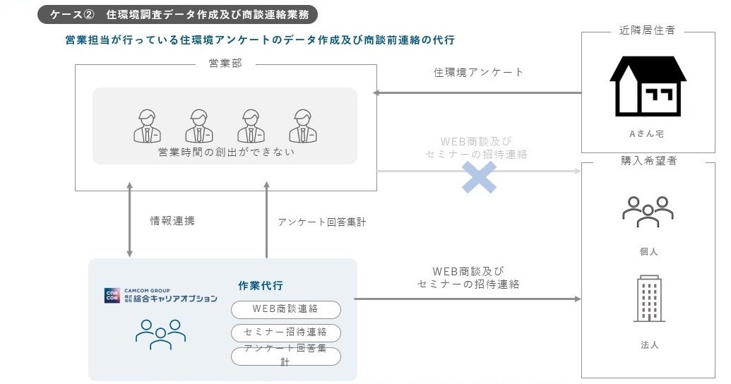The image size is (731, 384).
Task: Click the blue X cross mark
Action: [x=479, y=176]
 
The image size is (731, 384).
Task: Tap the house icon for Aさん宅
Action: [x=648, y=86]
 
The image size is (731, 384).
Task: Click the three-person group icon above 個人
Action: [x=648, y=211]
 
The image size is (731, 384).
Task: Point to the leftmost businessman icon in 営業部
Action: [x=148, y=126]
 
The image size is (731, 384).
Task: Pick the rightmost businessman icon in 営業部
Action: [x=302, y=126]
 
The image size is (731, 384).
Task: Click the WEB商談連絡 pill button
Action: [x=285, y=309]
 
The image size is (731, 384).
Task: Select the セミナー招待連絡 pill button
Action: [x=285, y=332]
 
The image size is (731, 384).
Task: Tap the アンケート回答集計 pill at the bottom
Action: [x=285, y=356]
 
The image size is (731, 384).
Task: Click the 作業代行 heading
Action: [x=261, y=286]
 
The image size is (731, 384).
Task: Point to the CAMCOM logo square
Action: [x=112, y=296]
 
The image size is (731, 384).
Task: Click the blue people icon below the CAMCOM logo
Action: [x=160, y=334]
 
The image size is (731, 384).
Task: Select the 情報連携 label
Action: [x=172, y=221]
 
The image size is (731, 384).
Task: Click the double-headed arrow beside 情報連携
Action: [x=129, y=220]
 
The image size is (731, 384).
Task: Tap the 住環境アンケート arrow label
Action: [x=478, y=72]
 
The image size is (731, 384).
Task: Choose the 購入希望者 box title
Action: [x=648, y=161]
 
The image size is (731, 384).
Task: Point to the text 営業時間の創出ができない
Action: [x=225, y=152]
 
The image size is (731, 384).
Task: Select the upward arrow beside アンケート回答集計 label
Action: [x=266, y=220]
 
